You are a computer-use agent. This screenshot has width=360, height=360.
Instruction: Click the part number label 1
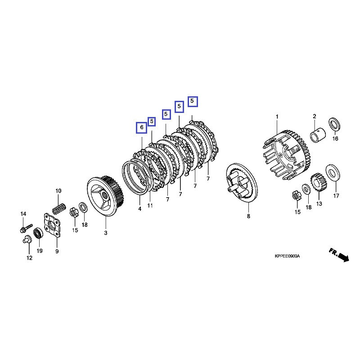277,117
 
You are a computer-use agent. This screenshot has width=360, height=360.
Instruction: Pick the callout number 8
248,216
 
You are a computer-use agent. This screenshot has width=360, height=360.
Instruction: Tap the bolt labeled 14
25,228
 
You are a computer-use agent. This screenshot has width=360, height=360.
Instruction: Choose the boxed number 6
141,128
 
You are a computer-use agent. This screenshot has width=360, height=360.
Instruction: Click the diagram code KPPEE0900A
287,256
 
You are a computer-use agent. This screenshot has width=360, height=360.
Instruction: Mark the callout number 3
106,233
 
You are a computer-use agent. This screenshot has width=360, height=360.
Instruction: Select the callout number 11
150,206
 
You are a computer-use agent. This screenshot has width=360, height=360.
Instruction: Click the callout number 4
139,209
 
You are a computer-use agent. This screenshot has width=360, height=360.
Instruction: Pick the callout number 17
336,196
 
